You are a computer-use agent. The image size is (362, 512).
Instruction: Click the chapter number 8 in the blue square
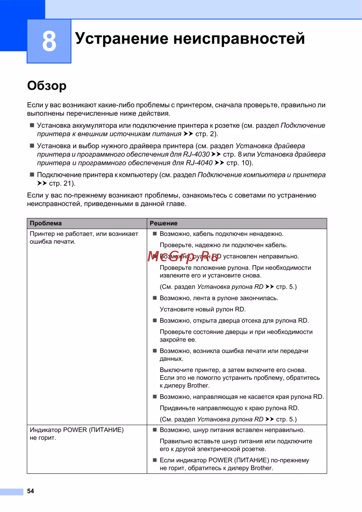click(x=49, y=41)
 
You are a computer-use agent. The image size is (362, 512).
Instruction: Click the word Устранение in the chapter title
click(x=121, y=38)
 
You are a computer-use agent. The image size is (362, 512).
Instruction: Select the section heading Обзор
click(x=47, y=86)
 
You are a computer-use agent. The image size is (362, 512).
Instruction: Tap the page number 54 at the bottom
click(x=30, y=491)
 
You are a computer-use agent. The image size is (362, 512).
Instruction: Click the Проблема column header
click(x=46, y=223)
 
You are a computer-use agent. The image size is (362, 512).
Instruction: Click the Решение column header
click(x=164, y=223)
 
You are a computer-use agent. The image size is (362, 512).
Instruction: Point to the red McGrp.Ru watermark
click(x=184, y=256)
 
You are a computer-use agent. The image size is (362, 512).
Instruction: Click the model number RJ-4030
click(x=196, y=154)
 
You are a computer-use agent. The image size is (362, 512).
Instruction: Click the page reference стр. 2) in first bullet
click(x=207, y=134)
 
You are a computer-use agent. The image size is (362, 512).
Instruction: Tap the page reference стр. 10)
click(x=240, y=163)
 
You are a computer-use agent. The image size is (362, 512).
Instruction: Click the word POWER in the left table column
click(x=75, y=430)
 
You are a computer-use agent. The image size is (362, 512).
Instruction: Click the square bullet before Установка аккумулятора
click(x=32, y=125)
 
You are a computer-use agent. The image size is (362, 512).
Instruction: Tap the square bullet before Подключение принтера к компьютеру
click(x=32, y=174)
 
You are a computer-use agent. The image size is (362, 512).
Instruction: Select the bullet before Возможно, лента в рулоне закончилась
click(x=155, y=298)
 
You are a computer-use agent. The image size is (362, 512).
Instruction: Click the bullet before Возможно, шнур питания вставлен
click(x=155, y=430)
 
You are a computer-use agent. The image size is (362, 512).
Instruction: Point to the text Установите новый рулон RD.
click(x=203, y=309)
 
